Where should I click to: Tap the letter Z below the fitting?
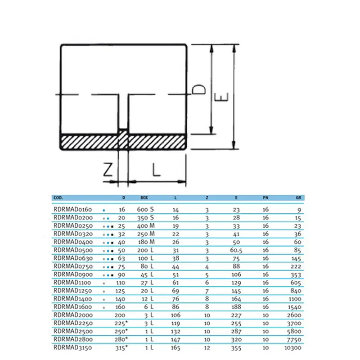pyautogui.click(x=108, y=169)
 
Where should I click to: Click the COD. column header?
pyautogui.click(x=58, y=198)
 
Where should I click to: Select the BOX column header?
pyautogui.click(x=144, y=198)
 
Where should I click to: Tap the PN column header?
pyautogui.click(x=265, y=198)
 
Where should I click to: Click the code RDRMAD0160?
pyautogui.click(x=72, y=210)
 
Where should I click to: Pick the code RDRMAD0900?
pyautogui.click(x=72, y=274)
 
